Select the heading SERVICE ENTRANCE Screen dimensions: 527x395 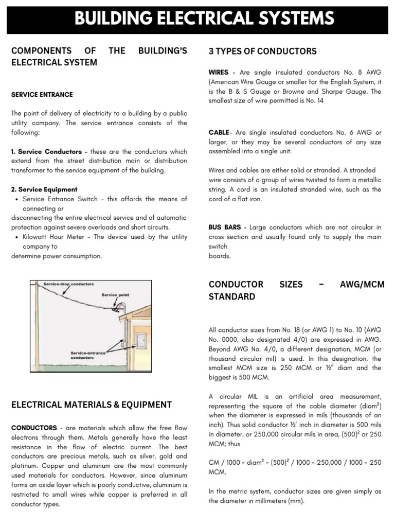coord(42,95)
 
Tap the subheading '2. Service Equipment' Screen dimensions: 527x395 coord(44,189)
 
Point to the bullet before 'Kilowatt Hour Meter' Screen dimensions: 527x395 coord(18,237)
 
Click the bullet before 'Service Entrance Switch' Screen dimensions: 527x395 coord(18,199)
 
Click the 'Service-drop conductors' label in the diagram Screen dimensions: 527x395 coord(68,284)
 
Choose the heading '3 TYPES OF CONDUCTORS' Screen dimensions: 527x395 coord(262,51)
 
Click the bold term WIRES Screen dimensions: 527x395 coord(219,73)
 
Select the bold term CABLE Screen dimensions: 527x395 coord(218,132)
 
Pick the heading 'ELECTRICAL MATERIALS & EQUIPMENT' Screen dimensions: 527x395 coord(92,405)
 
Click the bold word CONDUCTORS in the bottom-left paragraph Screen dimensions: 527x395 coord(34,428)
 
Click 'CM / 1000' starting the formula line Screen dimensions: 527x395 coord(226,463)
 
